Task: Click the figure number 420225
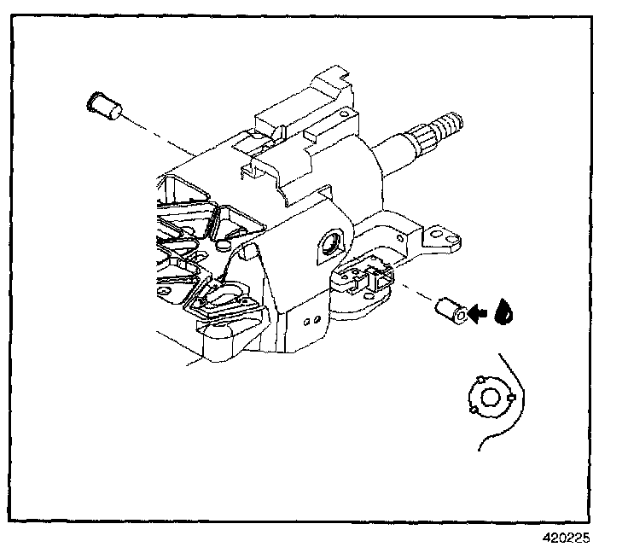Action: point(566,538)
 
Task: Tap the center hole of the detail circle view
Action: point(490,396)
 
